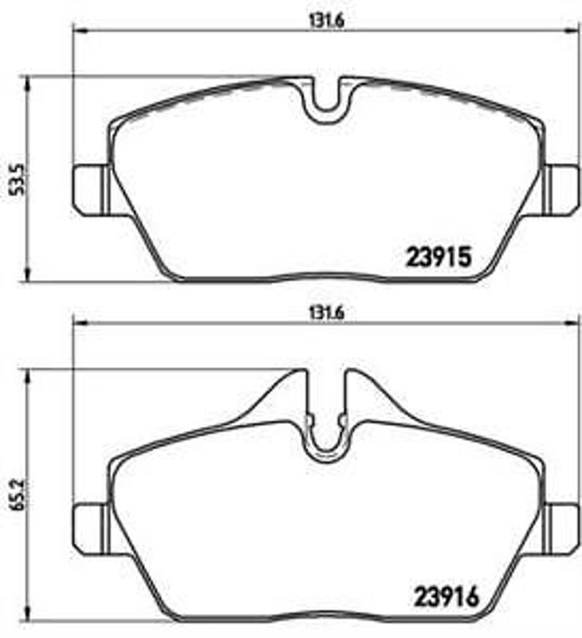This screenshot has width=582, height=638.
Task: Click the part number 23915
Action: (x=440, y=257)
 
